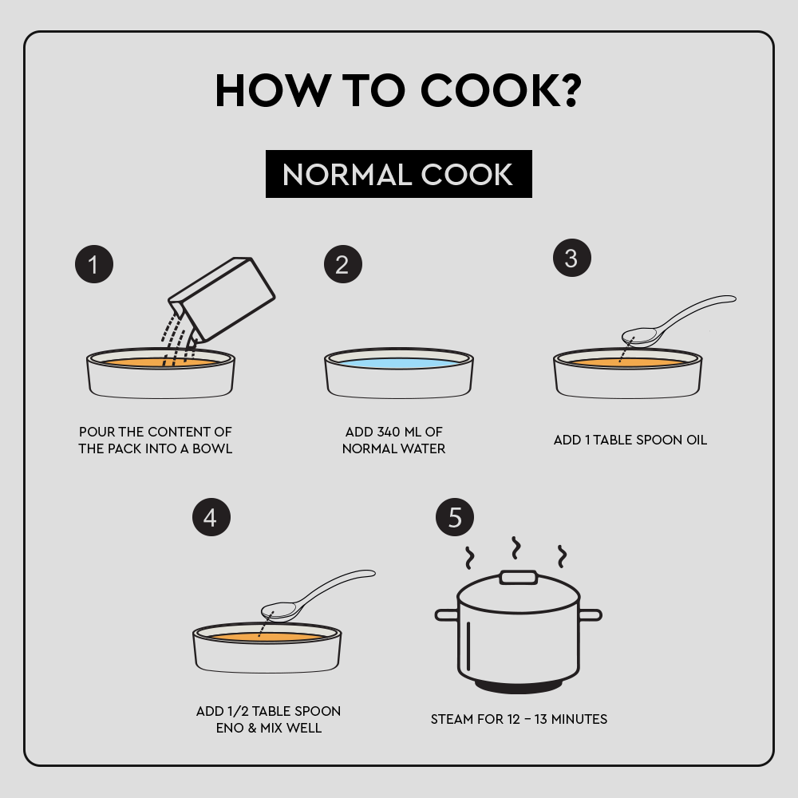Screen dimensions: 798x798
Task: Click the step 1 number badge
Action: pos(94,264)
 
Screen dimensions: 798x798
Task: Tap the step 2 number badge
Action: pos(343,264)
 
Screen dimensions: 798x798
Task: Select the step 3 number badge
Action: pos(572,258)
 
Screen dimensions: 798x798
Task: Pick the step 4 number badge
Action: pos(211,517)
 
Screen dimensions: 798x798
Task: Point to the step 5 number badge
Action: pos(455,517)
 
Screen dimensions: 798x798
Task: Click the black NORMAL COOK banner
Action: pos(399,174)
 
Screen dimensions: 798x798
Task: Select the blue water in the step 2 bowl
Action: pos(399,363)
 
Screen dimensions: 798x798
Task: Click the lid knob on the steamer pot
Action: pos(519,578)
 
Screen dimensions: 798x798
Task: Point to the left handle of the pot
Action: pos(447,614)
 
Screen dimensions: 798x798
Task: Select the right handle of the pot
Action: pos(591,614)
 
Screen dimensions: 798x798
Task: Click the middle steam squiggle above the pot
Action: pos(516,547)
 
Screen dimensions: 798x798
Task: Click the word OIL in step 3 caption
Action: pos(697,440)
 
